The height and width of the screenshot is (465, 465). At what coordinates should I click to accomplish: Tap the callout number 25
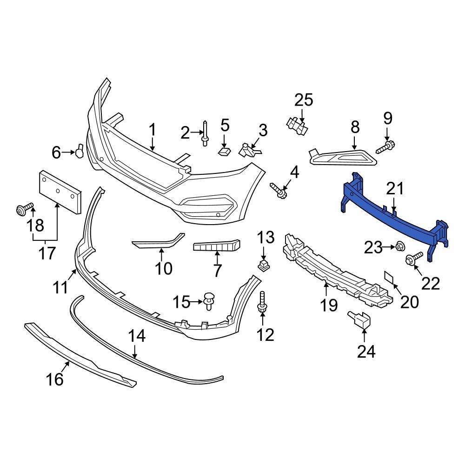tap(304, 100)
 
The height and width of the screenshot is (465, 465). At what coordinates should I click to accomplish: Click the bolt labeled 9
tap(385, 148)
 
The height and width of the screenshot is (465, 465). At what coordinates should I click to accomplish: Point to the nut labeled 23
tap(399, 246)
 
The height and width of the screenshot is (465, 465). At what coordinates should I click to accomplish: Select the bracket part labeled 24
tap(359, 320)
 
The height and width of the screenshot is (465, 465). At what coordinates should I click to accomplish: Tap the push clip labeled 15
tap(209, 300)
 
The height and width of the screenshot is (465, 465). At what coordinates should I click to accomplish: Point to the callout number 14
tap(137, 336)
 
